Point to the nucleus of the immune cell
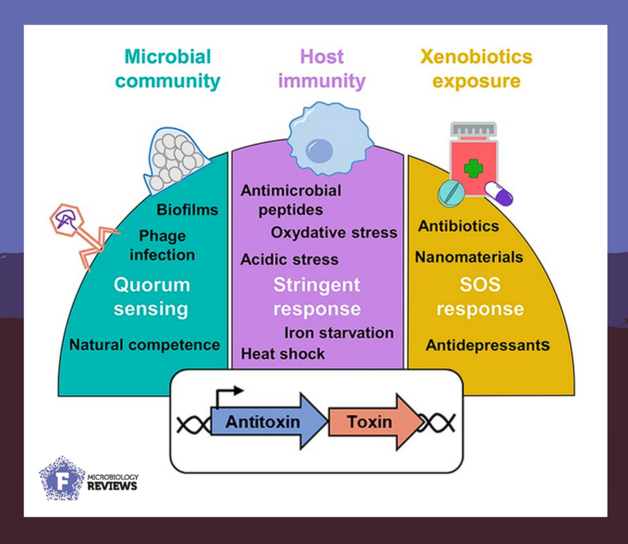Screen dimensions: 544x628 319,152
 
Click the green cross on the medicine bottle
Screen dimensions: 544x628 473,169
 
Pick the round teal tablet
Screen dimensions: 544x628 450,193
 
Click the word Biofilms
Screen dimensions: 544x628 187,210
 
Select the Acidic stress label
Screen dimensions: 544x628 289,259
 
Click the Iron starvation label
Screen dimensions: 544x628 339,333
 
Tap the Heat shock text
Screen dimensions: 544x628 283,354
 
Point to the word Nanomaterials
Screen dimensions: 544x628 469,257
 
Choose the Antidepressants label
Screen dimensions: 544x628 487,345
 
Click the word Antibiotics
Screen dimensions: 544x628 458,226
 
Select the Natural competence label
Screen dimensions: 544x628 145,345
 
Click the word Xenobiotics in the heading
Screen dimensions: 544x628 476,56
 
